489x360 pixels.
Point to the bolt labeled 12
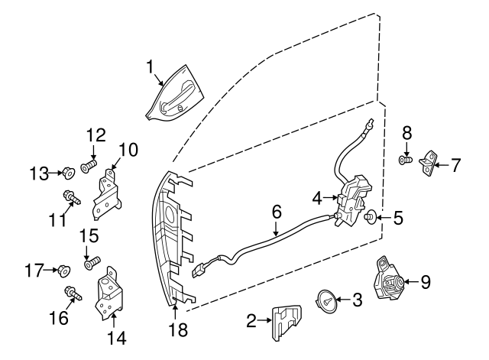pyautogui.click(x=88, y=164)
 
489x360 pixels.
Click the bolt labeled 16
pyautogui.click(x=72, y=293)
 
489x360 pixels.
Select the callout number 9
pyautogui.click(x=426, y=282)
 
